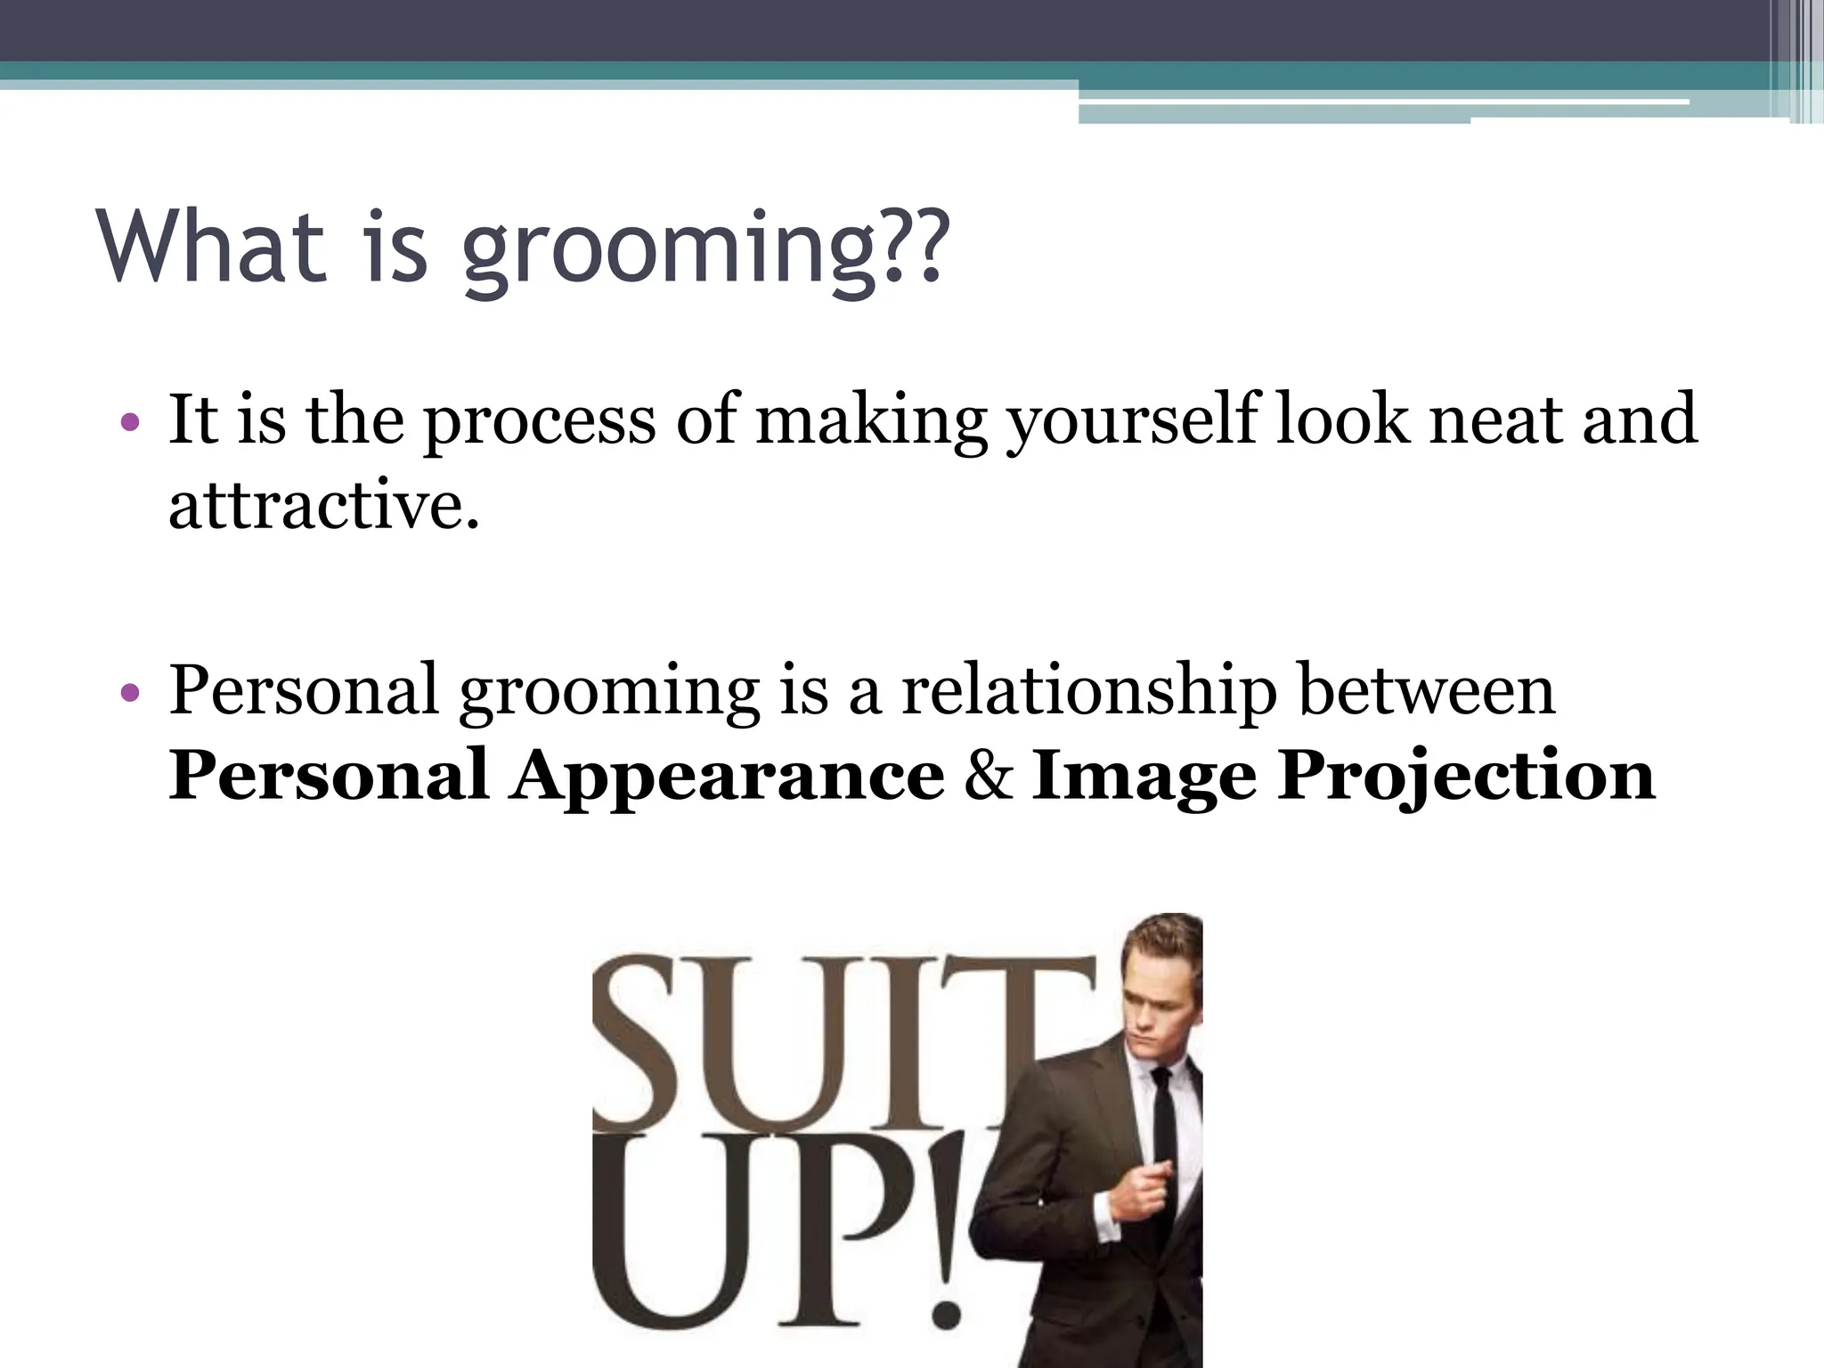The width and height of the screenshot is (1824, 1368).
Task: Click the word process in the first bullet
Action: (x=539, y=420)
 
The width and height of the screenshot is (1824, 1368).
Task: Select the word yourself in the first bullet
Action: (x=1132, y=420)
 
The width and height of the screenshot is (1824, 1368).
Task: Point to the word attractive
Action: (x=322, y=507)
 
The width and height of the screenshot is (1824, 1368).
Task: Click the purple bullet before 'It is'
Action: (x=130, y=421)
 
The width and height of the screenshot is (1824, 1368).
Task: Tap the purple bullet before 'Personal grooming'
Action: (x=130, y=692)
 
